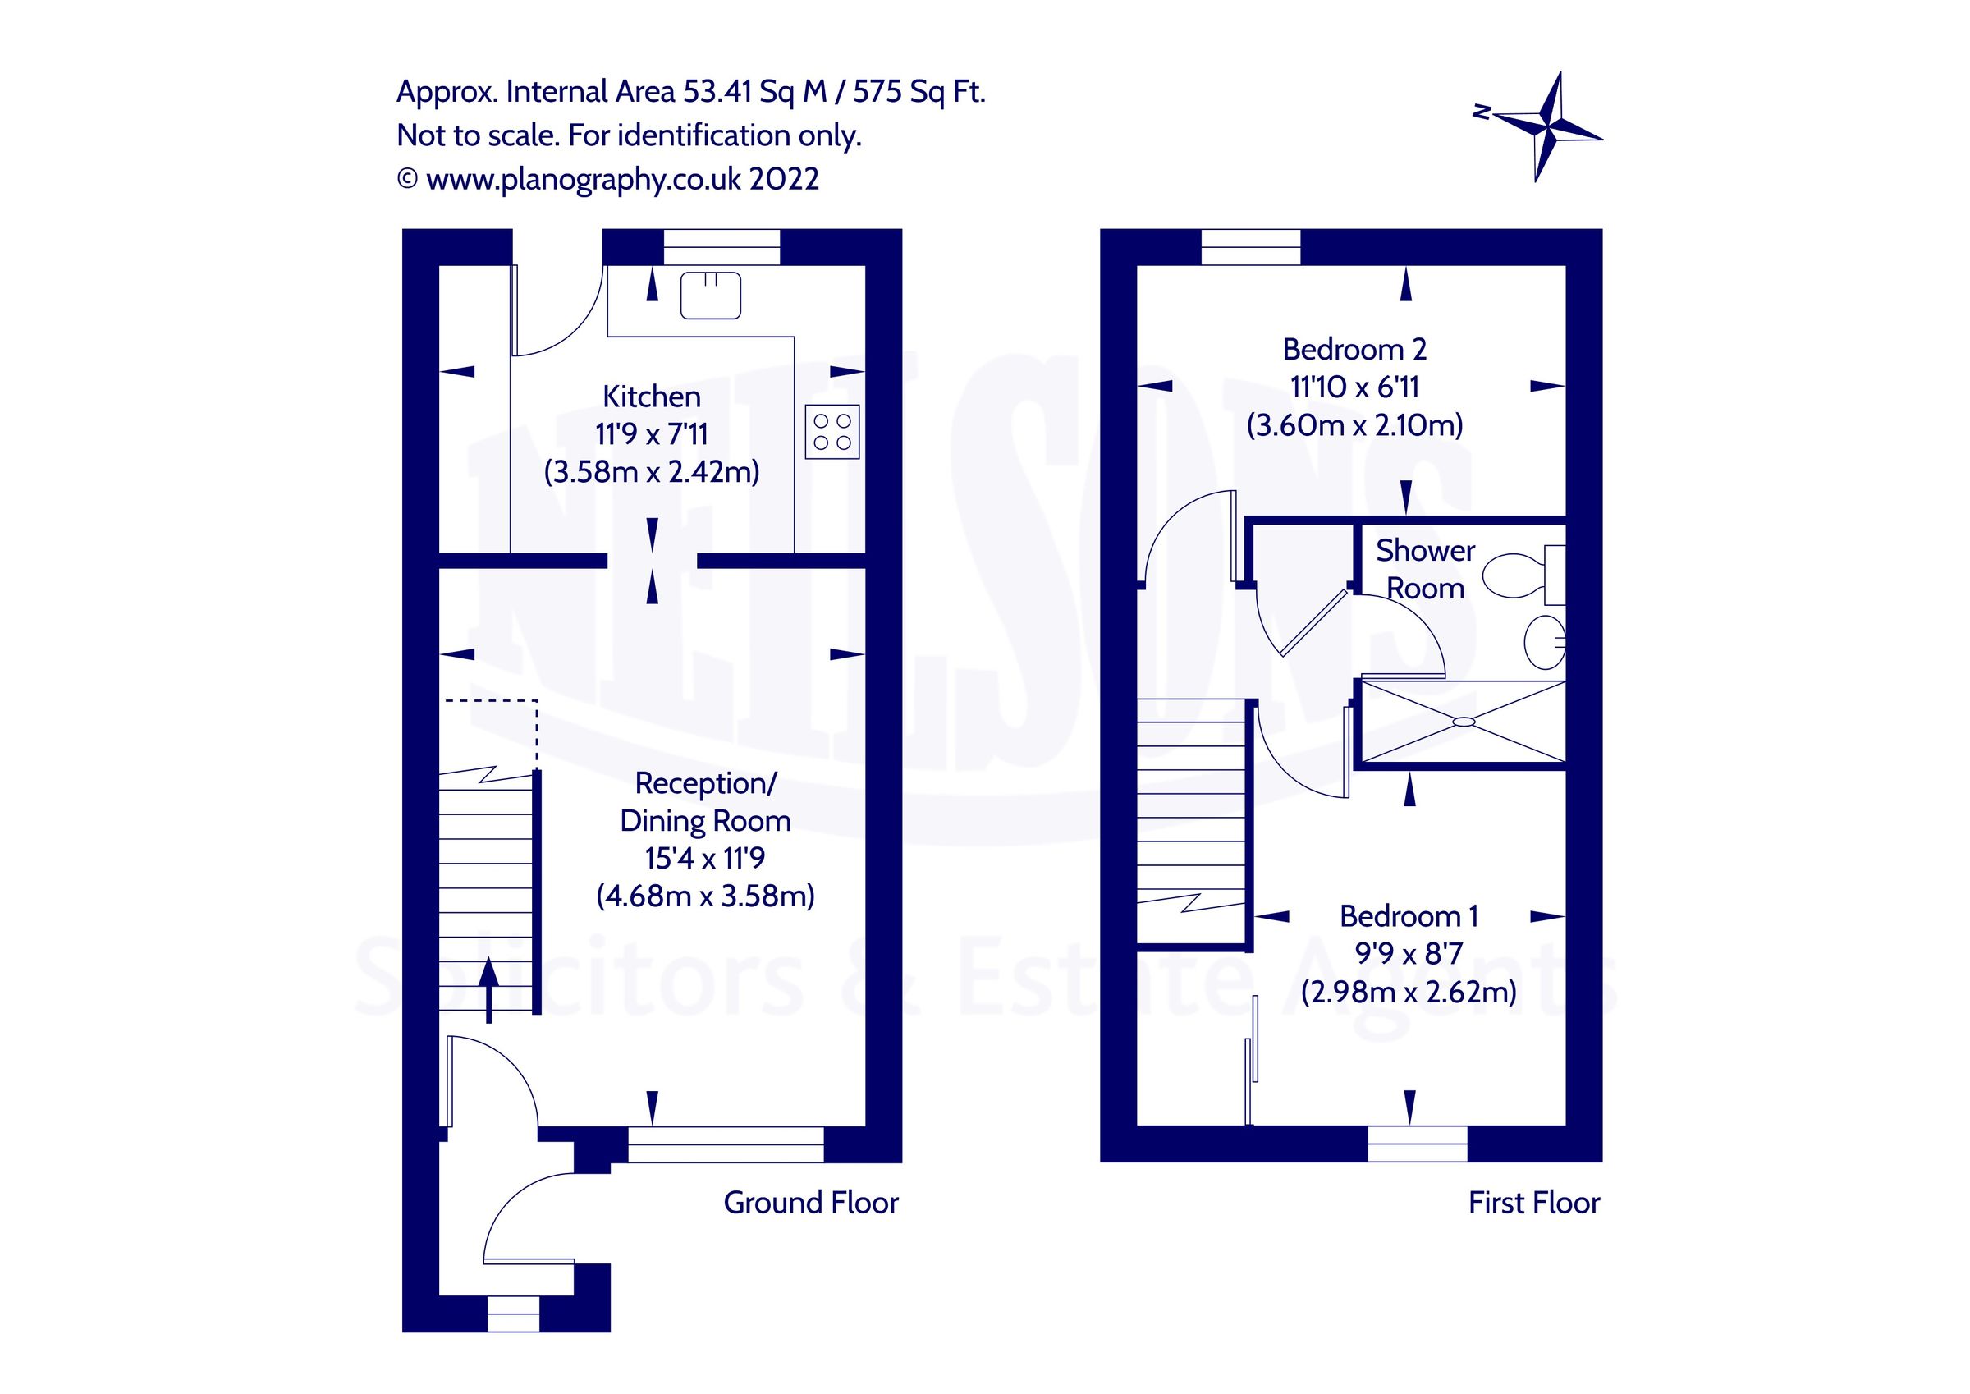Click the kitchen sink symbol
coord(711,296)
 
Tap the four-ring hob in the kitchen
coord(832,432)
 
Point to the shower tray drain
coord(1464,721)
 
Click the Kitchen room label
coord(651,397)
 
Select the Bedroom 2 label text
coord(1354,350)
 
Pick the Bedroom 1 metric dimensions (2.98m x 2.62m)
coord(1409,993)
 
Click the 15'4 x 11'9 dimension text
coord(704,859)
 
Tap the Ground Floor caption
coord(811,1203)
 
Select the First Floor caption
coord(1534,1203)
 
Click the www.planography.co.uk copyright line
coord(608,180)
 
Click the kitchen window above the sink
coord(722,247)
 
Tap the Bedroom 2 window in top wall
coord(1251,247)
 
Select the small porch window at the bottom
coord(513,1314)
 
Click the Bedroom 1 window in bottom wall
coord(1418,1144)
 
